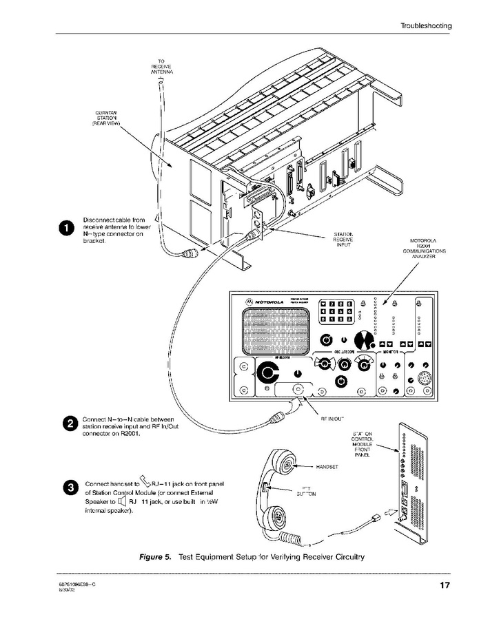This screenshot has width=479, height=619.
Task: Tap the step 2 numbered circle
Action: [70, 423]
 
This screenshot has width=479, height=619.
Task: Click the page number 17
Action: [445, 586]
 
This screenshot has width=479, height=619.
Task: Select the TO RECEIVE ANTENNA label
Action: [161, 66]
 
